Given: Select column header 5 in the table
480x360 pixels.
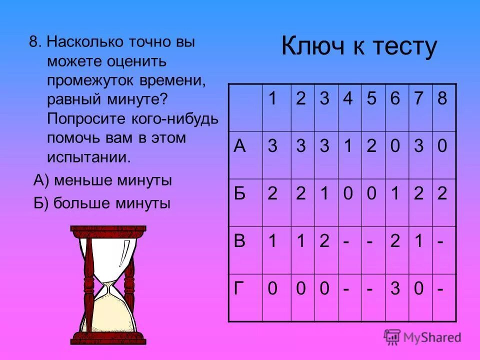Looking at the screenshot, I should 371,98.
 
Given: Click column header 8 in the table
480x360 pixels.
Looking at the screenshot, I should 441,98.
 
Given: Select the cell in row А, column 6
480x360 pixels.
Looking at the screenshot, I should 395,146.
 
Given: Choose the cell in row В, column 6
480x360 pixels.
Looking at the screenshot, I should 395,241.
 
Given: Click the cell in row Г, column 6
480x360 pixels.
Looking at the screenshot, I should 395,289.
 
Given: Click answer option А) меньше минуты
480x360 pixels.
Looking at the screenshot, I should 102,180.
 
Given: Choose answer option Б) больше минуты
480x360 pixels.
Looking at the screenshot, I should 102,203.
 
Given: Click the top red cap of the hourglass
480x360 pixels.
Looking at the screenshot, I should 108,231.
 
